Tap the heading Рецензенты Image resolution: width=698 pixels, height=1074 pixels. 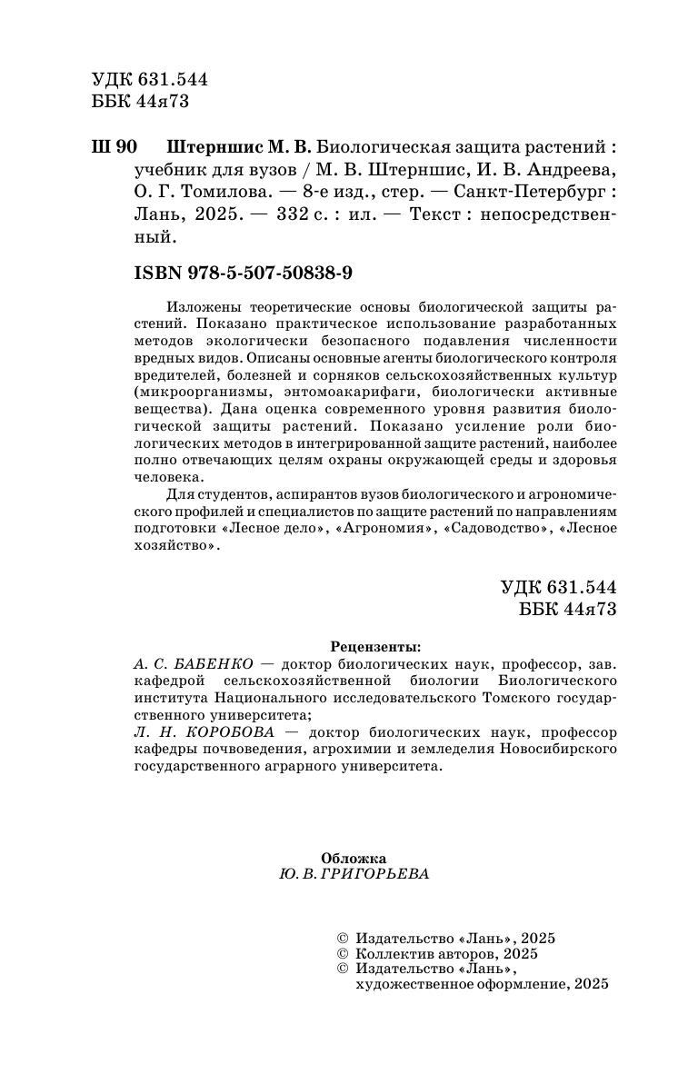pyautogui.click(x=375, y=648)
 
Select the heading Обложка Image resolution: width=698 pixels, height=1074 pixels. pyautogui.click(x=354, y=858)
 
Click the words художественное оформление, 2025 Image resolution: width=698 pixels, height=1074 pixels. pyautogui.click(x=481, y=984)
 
